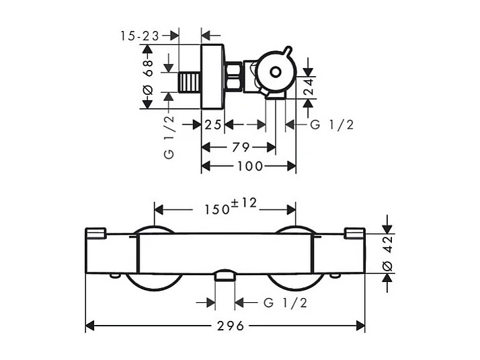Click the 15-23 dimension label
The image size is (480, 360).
(x=140, y=36)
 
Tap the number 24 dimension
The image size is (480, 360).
(x=309, y=87)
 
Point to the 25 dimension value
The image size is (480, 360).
(x=213, y=124)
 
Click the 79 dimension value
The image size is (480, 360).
(x=241, y=147)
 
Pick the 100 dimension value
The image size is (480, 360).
(x=250, y=166)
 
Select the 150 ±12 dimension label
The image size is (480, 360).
(x=231, y=207)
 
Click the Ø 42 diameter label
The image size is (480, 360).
(x=387, y=254)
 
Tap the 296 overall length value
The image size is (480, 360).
(x=231, y=326)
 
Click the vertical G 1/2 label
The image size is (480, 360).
(x=169, y=137)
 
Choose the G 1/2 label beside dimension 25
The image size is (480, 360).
(x=332, y=124)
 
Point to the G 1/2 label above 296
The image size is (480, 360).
(x=285, y=303)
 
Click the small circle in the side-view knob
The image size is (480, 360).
(x=276, y=72)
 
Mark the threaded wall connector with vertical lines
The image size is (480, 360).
(x=190, y=82)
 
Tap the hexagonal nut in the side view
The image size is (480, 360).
(x=233, y=77)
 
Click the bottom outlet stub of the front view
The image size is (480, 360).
(x=225, y=275)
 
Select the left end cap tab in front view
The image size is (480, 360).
(x=96, y=233)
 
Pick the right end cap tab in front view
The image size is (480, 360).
(x=355, y=233)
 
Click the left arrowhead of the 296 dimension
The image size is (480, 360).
(x=89, y=326)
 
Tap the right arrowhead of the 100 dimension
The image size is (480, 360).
(x=292, y=166)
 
